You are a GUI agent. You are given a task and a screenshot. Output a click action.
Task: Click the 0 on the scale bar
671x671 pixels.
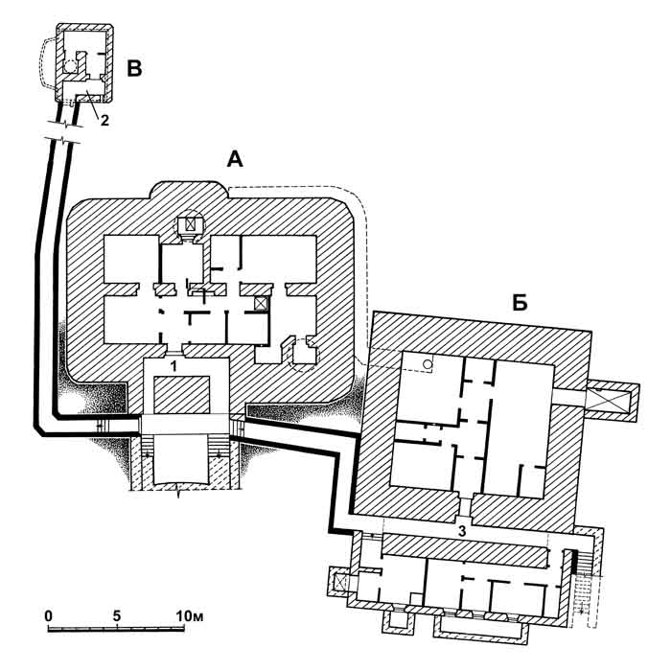(49, 614)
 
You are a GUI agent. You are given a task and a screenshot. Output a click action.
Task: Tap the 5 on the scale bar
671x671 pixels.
(116, 614)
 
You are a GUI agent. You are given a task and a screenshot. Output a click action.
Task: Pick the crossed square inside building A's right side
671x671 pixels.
(261, 303)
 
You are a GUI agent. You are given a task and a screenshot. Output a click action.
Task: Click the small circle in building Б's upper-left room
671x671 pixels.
(428, 364)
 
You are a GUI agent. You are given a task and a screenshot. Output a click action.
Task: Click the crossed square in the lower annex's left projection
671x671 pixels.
(340, 581)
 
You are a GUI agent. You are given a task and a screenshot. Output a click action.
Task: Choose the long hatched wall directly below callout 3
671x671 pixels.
(465, 549)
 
